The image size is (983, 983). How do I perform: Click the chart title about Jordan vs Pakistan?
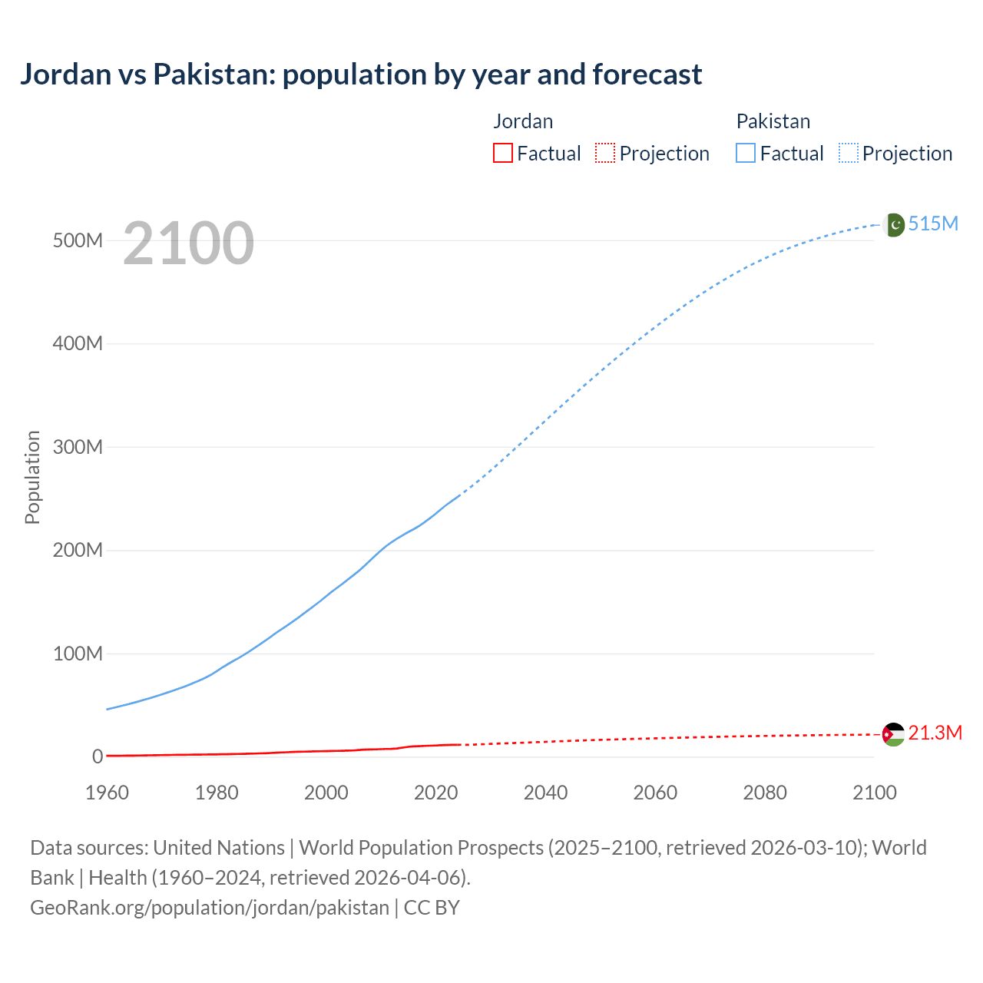[361, 74]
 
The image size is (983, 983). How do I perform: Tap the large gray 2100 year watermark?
[188, 243]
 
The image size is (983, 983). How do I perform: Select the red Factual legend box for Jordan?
[502, 153]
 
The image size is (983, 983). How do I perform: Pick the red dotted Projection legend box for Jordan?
[605, 153]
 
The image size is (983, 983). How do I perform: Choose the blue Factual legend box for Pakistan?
[745, 153]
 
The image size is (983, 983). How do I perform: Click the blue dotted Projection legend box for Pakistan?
[849, 153]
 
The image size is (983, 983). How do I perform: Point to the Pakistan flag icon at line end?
[893, 224]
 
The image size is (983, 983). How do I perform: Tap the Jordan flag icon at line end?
[893, 734]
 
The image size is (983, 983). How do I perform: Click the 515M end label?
[933, 223]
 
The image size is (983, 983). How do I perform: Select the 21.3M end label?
[935, 733]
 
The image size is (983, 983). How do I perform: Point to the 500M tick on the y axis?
[78, 240]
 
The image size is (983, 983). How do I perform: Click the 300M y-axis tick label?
[78, 447]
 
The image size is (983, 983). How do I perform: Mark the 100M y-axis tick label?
[78, 654]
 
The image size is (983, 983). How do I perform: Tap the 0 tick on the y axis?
[98, 756]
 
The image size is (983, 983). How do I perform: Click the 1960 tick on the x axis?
[107, 793]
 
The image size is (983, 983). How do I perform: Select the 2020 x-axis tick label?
[435, 793]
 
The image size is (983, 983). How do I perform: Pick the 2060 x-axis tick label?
[655, 793]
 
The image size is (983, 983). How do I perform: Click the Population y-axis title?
[32, 477]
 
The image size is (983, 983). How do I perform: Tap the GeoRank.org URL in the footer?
[210, 907]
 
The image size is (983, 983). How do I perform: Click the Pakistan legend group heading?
[773, 121]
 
